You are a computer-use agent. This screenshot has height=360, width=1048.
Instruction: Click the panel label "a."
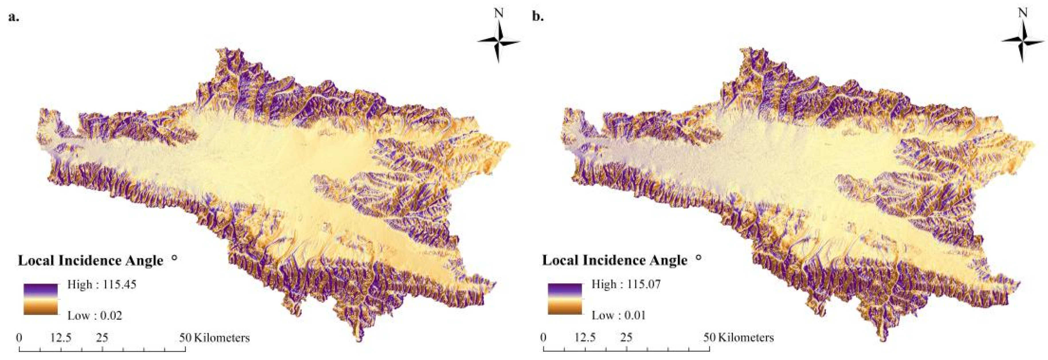click(14, 17)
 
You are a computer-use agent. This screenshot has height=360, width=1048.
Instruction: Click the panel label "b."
click(538, 17)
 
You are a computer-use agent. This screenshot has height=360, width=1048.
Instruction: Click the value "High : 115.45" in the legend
click(102, 284)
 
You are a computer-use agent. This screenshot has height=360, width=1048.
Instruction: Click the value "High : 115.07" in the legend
click(626, 284)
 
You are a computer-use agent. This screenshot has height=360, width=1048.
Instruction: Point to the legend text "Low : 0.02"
click(94, 315)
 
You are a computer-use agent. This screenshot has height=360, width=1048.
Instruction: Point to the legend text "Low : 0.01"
click(618, 315)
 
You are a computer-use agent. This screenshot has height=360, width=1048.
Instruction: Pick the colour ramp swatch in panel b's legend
click(565, 299)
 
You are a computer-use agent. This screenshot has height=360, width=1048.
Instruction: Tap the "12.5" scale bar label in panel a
click(61, 338)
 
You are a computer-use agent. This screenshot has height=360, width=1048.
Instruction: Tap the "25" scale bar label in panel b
click(627, 338)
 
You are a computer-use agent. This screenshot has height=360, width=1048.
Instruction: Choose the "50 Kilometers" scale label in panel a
click(214, 338)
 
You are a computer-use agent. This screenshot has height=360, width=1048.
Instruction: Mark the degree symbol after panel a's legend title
click(175, 257)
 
